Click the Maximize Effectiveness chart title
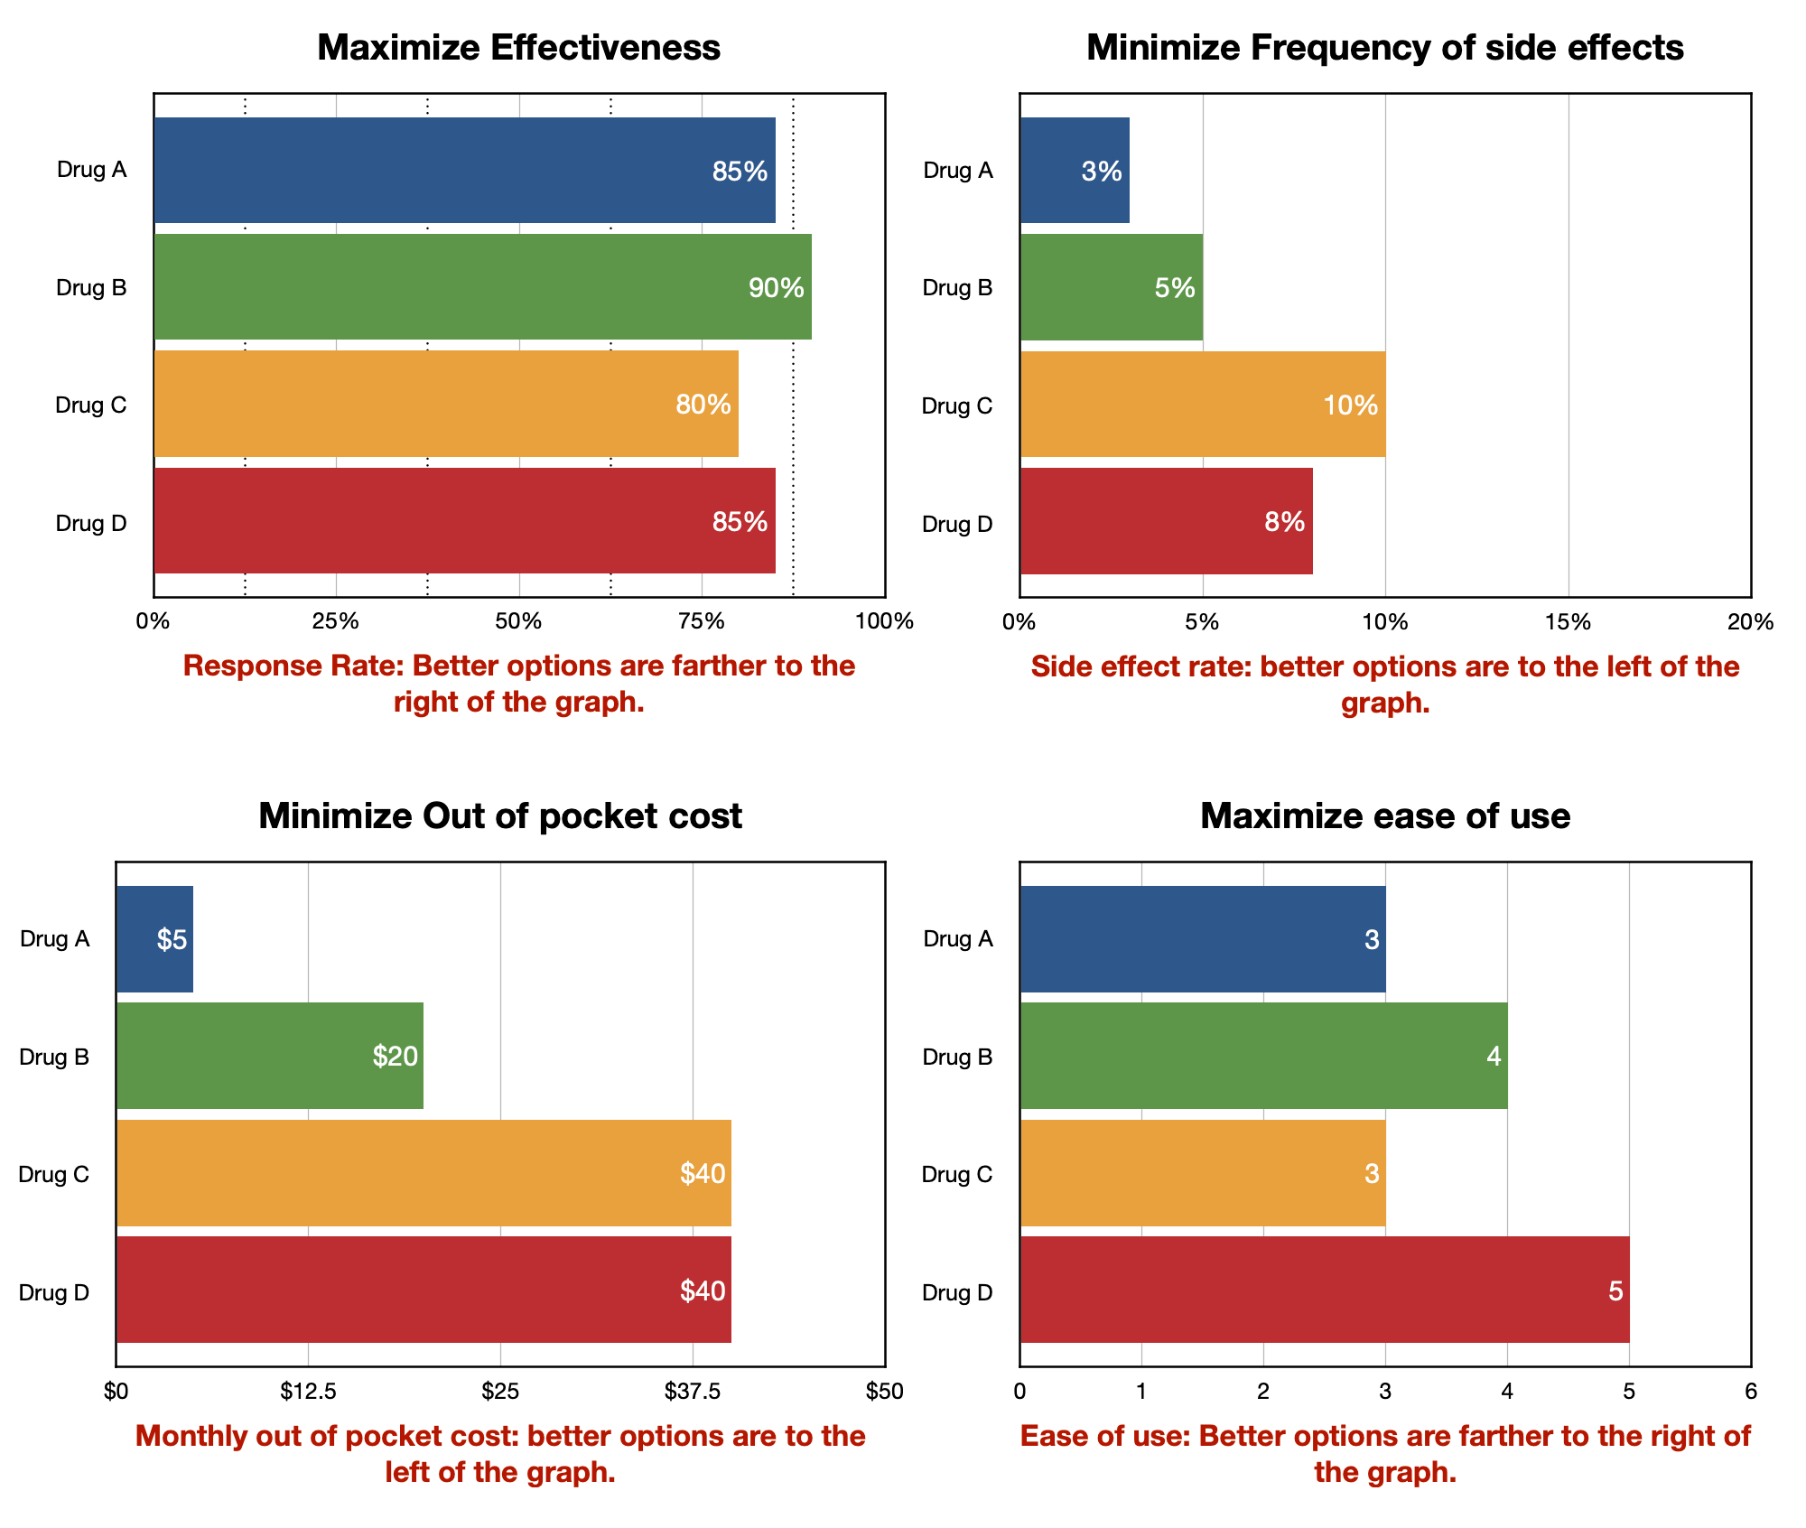[518, 48]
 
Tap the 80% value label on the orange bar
[703, 405]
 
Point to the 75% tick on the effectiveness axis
[702, 621]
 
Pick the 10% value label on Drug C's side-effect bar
[1350, 405]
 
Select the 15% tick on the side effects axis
[1568, 621]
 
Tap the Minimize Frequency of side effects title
[1384, 48]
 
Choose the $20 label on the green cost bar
[396, 1057]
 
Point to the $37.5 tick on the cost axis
[693, 1392]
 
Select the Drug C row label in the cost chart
[54, 1174]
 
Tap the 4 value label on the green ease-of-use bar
[1494, 1057]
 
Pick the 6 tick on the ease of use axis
[1750, 1392]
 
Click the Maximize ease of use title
[1384, 816]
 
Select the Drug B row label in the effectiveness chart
[91, 287]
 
